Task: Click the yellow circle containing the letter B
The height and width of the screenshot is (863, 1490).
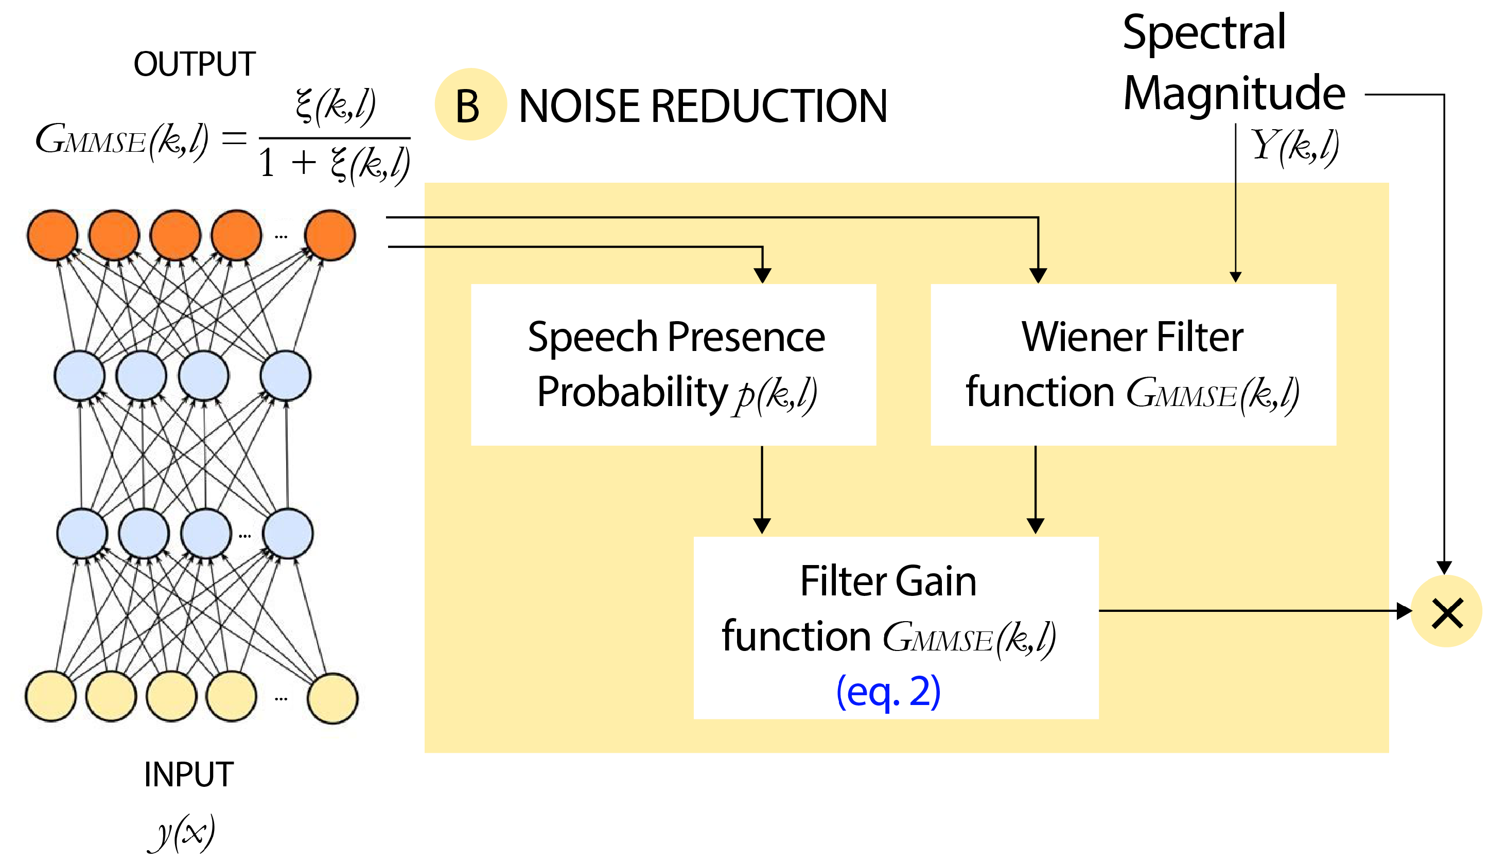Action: [x=470, y=104]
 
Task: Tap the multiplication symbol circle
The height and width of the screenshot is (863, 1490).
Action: [x=1447, y=612]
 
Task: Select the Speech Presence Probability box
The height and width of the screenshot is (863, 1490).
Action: [x=673, y=365]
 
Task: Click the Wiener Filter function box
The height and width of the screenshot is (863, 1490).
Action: [x=1133, y=365]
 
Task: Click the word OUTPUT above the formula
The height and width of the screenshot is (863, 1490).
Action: [x=195, y=64]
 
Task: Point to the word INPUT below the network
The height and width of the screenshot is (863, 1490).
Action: [x=188, y=774]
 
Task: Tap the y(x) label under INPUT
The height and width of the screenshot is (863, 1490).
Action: [x=182, y=832]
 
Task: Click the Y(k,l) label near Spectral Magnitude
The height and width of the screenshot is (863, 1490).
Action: [x=1294, y=146]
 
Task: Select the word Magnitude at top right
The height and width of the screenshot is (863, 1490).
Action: [x=1234, y=93]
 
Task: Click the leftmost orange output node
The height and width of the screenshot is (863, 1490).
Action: [x=52, y=235]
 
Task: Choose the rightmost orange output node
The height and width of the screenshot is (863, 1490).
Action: [x=330, y=235]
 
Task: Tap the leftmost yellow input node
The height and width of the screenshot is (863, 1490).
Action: [x=51, y=696]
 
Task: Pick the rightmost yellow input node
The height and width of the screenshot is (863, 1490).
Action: [x=333, y=698]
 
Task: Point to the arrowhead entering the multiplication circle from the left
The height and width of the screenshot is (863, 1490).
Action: [x=1404, y=611]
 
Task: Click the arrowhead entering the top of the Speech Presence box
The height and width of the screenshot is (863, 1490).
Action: [x=763, y=275]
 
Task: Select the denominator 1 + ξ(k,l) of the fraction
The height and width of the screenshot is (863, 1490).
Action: [x=335, y=164]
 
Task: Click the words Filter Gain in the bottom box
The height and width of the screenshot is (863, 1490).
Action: [x=888, y=581]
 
